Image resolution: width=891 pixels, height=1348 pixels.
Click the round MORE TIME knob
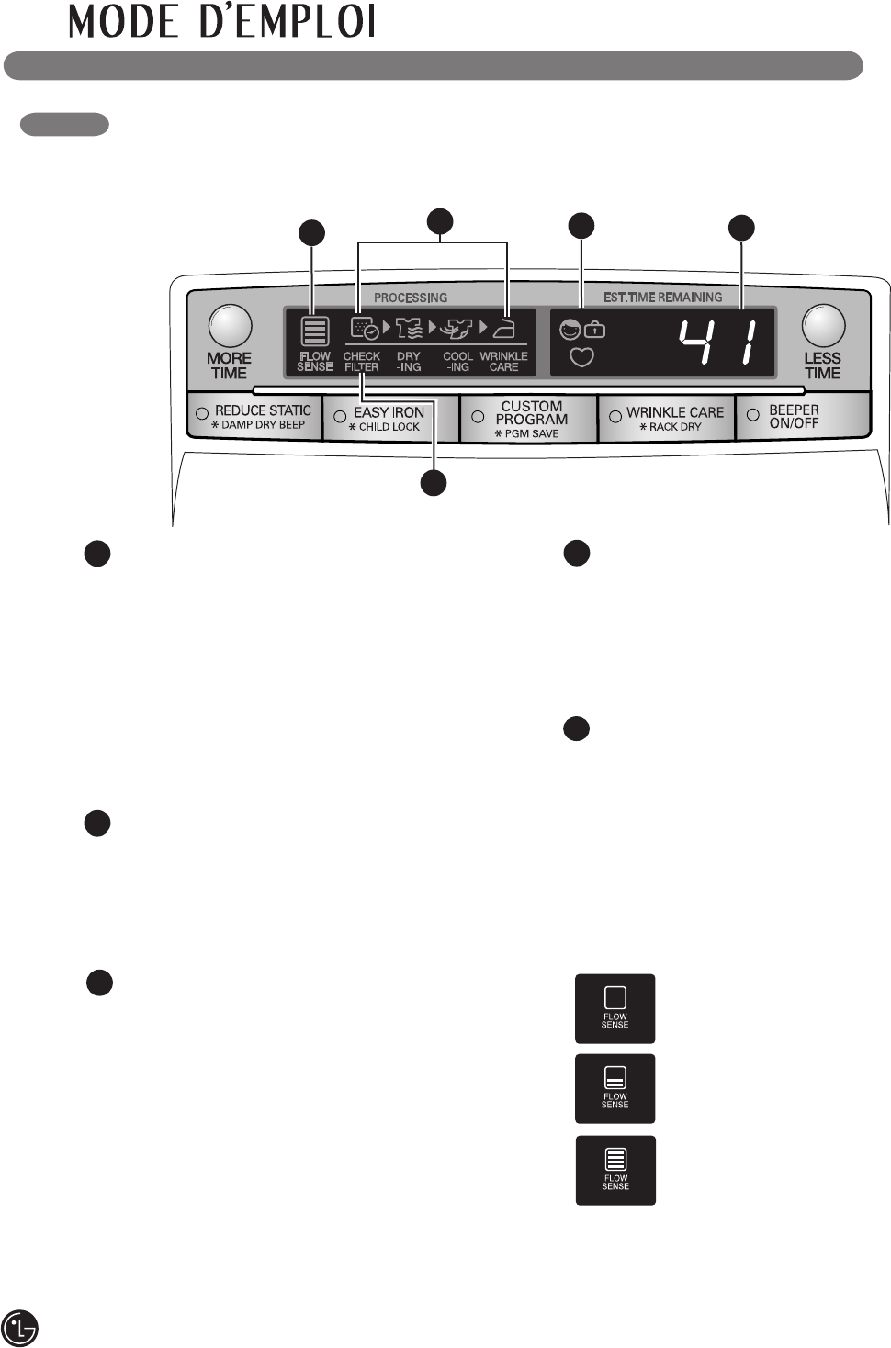230,326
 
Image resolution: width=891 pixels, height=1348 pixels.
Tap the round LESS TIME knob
823,326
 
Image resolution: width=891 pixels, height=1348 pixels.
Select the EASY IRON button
389,418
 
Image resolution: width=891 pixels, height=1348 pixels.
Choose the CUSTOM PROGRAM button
530,418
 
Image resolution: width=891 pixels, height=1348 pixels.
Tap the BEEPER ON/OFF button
793,417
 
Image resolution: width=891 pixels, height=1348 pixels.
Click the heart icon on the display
581,357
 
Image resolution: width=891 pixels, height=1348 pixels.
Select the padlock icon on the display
595,329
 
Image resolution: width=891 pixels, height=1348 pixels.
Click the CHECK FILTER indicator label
361,362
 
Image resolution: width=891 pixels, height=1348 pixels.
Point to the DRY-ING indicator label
409,362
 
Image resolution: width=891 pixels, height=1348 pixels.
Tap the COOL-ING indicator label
457,362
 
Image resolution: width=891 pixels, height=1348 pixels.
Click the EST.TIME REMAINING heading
662,298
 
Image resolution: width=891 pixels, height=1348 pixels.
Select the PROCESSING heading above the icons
411,298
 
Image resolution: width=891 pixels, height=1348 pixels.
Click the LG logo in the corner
20,1328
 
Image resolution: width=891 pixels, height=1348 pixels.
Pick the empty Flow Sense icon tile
615,1008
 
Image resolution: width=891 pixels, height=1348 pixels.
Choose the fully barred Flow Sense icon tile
615,1170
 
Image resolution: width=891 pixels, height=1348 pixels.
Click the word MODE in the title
124,22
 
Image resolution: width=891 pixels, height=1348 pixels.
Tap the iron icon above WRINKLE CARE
503,328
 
